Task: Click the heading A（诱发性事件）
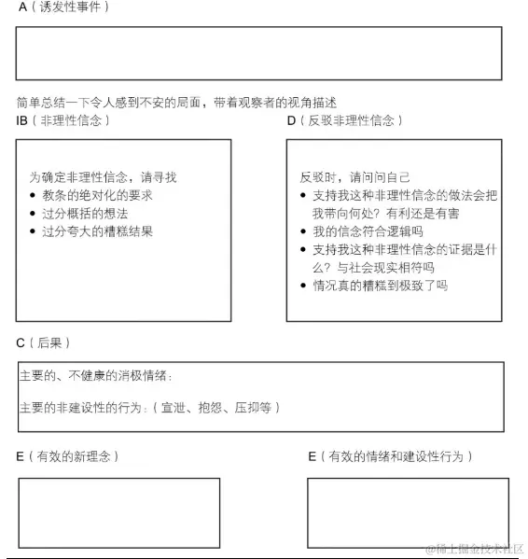[63, 7]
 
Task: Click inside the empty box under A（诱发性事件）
[258, 53]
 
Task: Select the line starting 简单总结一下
[176, 102]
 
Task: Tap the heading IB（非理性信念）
[63, 121]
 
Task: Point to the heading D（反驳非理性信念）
[345, 121]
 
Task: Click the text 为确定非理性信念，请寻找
[103, 176]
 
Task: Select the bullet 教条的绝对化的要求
[97, 195]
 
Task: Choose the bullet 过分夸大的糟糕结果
[97, 231]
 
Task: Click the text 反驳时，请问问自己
[355, 177]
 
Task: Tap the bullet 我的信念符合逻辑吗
[368, 231]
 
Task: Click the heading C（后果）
[44, 343]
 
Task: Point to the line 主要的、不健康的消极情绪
[97, 376]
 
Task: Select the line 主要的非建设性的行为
[149, 408]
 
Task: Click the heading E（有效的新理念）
[67, 456]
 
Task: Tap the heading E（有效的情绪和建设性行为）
[391, 456]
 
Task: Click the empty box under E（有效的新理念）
[119, 512]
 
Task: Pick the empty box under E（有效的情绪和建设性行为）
[408, 512]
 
